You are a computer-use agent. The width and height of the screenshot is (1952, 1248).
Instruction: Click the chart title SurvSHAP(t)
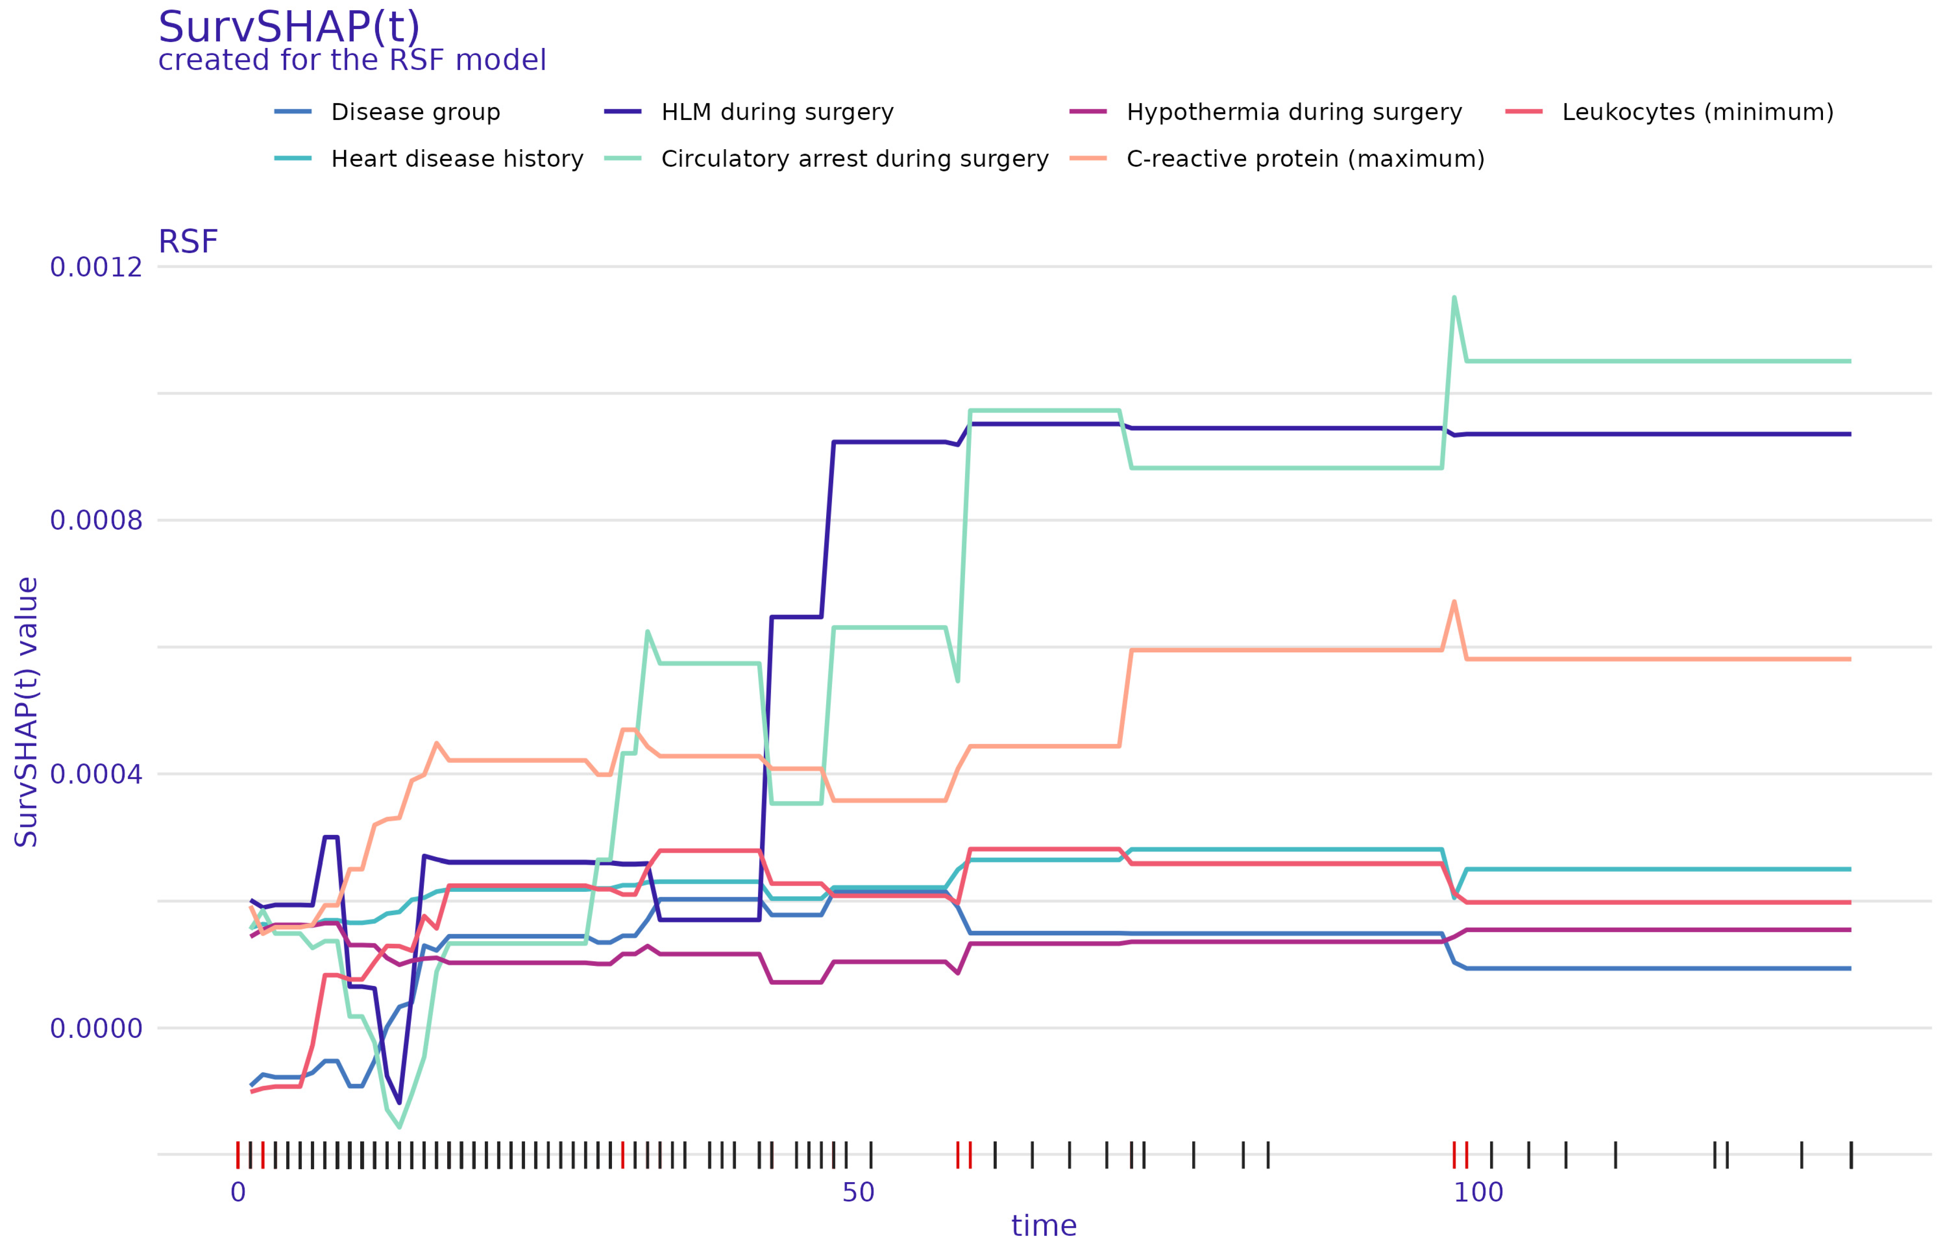(289, 28)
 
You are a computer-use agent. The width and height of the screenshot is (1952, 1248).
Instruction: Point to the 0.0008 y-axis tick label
(96, 520)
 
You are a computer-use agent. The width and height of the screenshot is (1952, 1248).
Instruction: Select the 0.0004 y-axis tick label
(96, 774)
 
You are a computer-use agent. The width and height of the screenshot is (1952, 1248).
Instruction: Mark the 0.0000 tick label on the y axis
(96, 1029)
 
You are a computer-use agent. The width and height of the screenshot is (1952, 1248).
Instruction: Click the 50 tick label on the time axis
(858, 1192)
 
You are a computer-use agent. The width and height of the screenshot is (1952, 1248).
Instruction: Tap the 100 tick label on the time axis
(1478, 1192)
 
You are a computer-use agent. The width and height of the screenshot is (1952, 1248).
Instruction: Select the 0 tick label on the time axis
(238, 1192)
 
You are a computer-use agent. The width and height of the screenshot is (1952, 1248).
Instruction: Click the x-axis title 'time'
(1044, 1226)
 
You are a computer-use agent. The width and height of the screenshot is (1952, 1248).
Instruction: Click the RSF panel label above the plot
(188, 241)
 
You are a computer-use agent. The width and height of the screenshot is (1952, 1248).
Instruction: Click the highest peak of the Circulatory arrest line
(1454, 297)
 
